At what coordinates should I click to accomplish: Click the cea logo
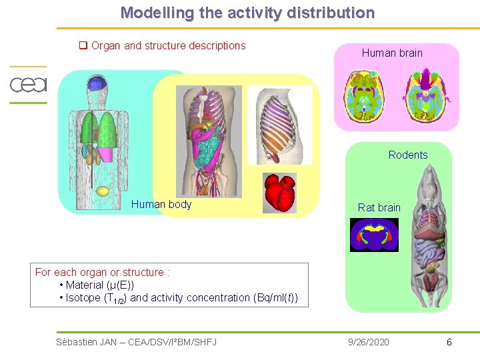pos(28,85)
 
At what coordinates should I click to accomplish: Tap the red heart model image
pos(279,193)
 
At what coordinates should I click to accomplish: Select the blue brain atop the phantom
pos(98,83)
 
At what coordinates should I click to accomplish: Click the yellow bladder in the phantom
pos(103,191)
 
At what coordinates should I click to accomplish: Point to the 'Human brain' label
pos(392,53)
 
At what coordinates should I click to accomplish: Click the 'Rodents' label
pos(408,155)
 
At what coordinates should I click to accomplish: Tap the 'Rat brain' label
pos(379,207)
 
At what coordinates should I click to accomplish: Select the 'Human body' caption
pos(161,204)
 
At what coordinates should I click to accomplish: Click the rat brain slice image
pos(374,235)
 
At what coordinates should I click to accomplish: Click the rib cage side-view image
pos(279,125)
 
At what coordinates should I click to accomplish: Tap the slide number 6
pos(449,342)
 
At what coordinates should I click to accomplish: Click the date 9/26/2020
pos(369,342)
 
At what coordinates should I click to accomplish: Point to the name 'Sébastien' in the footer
pos(77,342)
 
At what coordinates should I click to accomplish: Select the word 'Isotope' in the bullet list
pos(82,297)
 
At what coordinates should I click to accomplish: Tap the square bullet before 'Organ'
pos(84,46)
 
